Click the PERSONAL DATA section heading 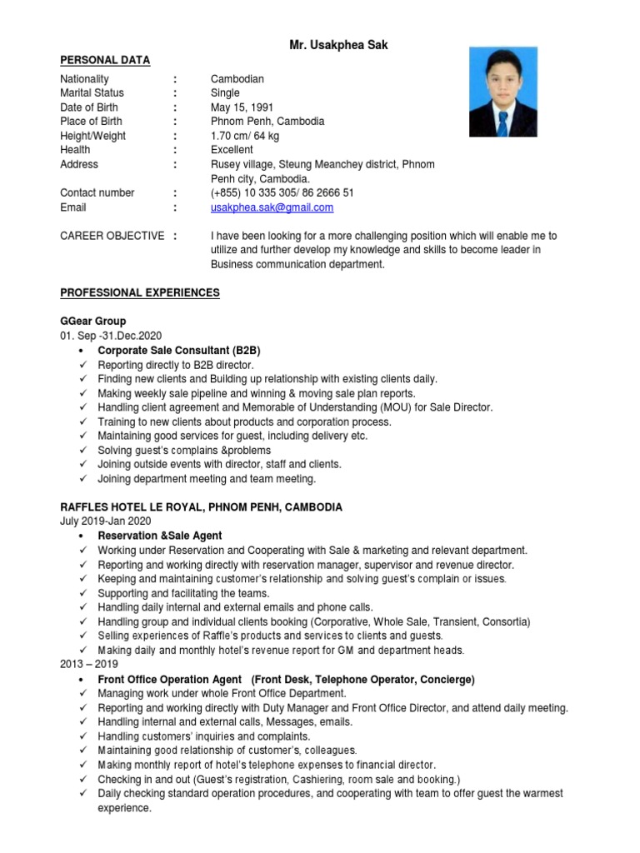pyautogui.click(x=105, y=60)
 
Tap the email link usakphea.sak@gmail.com pyautogui.click(x=272, y=207)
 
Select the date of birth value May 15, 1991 pyautogui.click(x=242, y=107)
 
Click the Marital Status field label pyautogui.click(x=92, y=93)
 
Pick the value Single pyautogui.click(x=225, y=93)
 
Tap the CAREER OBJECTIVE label pyautogui.click(x=112, y=236)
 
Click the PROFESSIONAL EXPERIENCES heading pyautogui.click(x=140, y=292)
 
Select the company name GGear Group pyautogui.click(x=92, y=321)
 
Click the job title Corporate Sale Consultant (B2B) pyautogui.click(x=179, y=351)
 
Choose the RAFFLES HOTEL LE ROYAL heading pyautogui.click(x=200, y=507)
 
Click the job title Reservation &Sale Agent pyautogui.click(x=160, y=536)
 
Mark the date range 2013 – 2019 pyautogui.click(x=89, y=665)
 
